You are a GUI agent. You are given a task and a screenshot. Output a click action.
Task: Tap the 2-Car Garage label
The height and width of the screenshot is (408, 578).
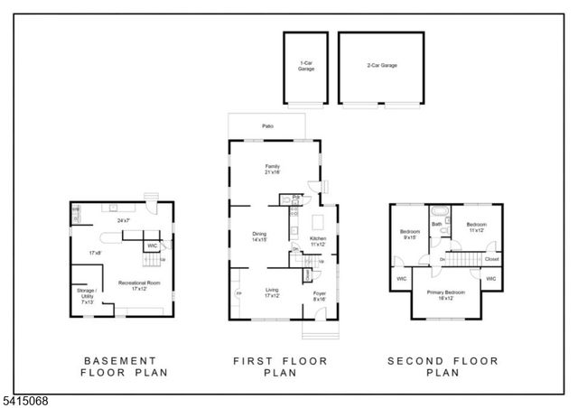pos(382,66)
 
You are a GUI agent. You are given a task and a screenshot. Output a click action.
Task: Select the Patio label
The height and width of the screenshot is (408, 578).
pos(267,127)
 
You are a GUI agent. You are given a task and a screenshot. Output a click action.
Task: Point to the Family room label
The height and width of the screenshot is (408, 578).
pos(272,169)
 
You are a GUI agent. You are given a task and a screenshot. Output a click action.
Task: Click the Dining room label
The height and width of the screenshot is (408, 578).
pos(259,237)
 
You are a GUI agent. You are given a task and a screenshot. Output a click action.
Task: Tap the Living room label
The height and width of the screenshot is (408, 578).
pos(272,292)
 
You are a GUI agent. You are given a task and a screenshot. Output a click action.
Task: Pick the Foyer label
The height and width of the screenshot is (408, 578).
pos(319,296)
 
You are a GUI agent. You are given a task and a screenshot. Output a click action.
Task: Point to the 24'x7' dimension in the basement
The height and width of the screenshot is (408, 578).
pos(123,220)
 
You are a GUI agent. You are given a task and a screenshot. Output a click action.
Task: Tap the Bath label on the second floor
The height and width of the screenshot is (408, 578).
pos(437,225)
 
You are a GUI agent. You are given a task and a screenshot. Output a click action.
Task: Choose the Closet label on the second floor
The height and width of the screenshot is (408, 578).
pos(491,259)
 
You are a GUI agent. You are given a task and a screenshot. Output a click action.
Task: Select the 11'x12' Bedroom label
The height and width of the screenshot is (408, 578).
pos(477,227)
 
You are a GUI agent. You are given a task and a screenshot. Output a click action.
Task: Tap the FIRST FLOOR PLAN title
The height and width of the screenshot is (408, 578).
pos(280,366)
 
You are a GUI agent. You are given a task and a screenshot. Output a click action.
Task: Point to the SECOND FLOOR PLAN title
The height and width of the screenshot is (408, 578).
pos(443,366)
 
